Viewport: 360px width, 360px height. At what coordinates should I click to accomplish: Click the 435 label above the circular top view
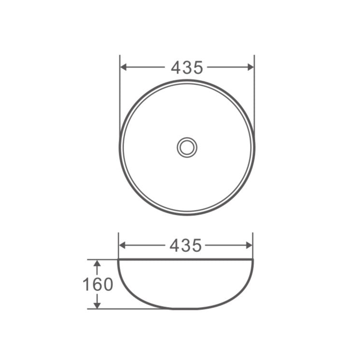coord(187,68)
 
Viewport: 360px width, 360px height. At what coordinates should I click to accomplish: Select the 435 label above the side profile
coord(186,245)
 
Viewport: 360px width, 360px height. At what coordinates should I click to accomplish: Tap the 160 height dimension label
coord(98,284)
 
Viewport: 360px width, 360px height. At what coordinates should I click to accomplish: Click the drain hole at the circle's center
coord(187,147)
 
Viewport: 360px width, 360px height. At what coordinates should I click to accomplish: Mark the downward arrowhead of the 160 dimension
coord(97,305)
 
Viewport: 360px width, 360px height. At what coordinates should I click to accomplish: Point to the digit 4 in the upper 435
coord(176,68)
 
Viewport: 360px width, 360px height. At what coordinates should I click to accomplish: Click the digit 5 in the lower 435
coord(196,245)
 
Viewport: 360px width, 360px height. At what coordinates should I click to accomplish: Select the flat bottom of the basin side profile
coord(186,308)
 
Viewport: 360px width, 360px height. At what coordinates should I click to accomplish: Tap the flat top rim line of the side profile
coord(186,260)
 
